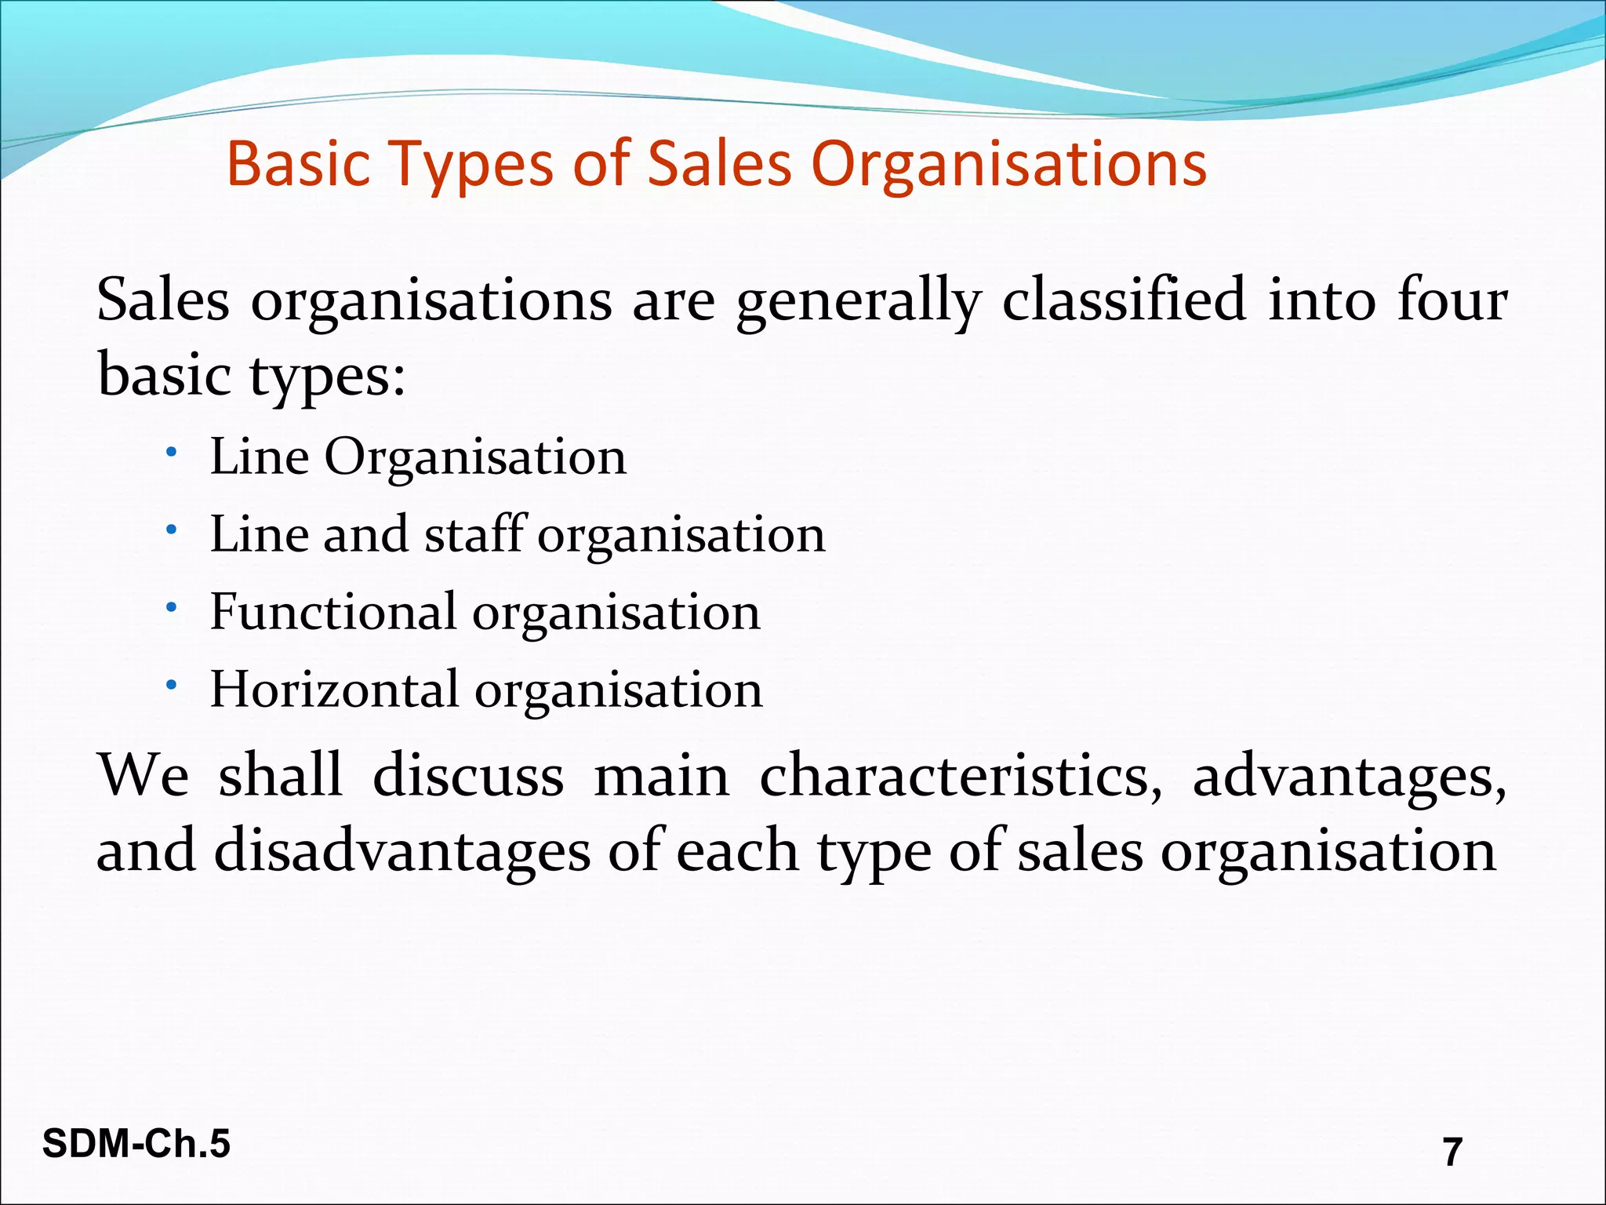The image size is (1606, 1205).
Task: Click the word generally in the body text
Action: point(858,300)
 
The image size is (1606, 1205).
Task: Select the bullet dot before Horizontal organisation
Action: point(172,686)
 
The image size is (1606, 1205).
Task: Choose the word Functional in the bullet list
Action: point(333,611)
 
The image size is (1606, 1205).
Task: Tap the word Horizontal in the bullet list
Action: point(334,689)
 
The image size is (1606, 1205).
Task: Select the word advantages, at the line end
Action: point(1349,776)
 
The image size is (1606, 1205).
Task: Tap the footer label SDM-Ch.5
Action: point(136,1143)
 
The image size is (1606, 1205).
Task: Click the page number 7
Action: point(1452,1152)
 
